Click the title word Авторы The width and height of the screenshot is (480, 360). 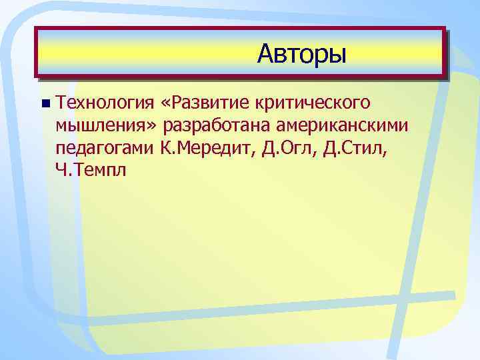302,53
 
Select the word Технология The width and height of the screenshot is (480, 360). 105,103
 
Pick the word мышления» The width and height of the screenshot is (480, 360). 107,125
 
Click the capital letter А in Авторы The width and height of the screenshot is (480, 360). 266,53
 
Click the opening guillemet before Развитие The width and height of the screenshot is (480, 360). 166,104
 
